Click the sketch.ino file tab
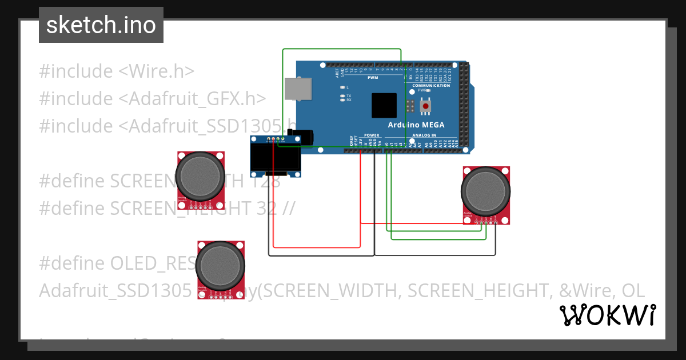tap(101, 25)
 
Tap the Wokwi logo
tap(608, 315)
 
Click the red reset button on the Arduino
tap(425, 106)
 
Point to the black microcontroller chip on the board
tap(384, 105)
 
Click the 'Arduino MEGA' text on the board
tap(416, 125)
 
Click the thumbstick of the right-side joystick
tap(486, 191)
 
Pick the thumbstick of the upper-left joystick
tap(200, 176)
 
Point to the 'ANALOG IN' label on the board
tap(425, 135)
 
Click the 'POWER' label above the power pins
tap(372, 135)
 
